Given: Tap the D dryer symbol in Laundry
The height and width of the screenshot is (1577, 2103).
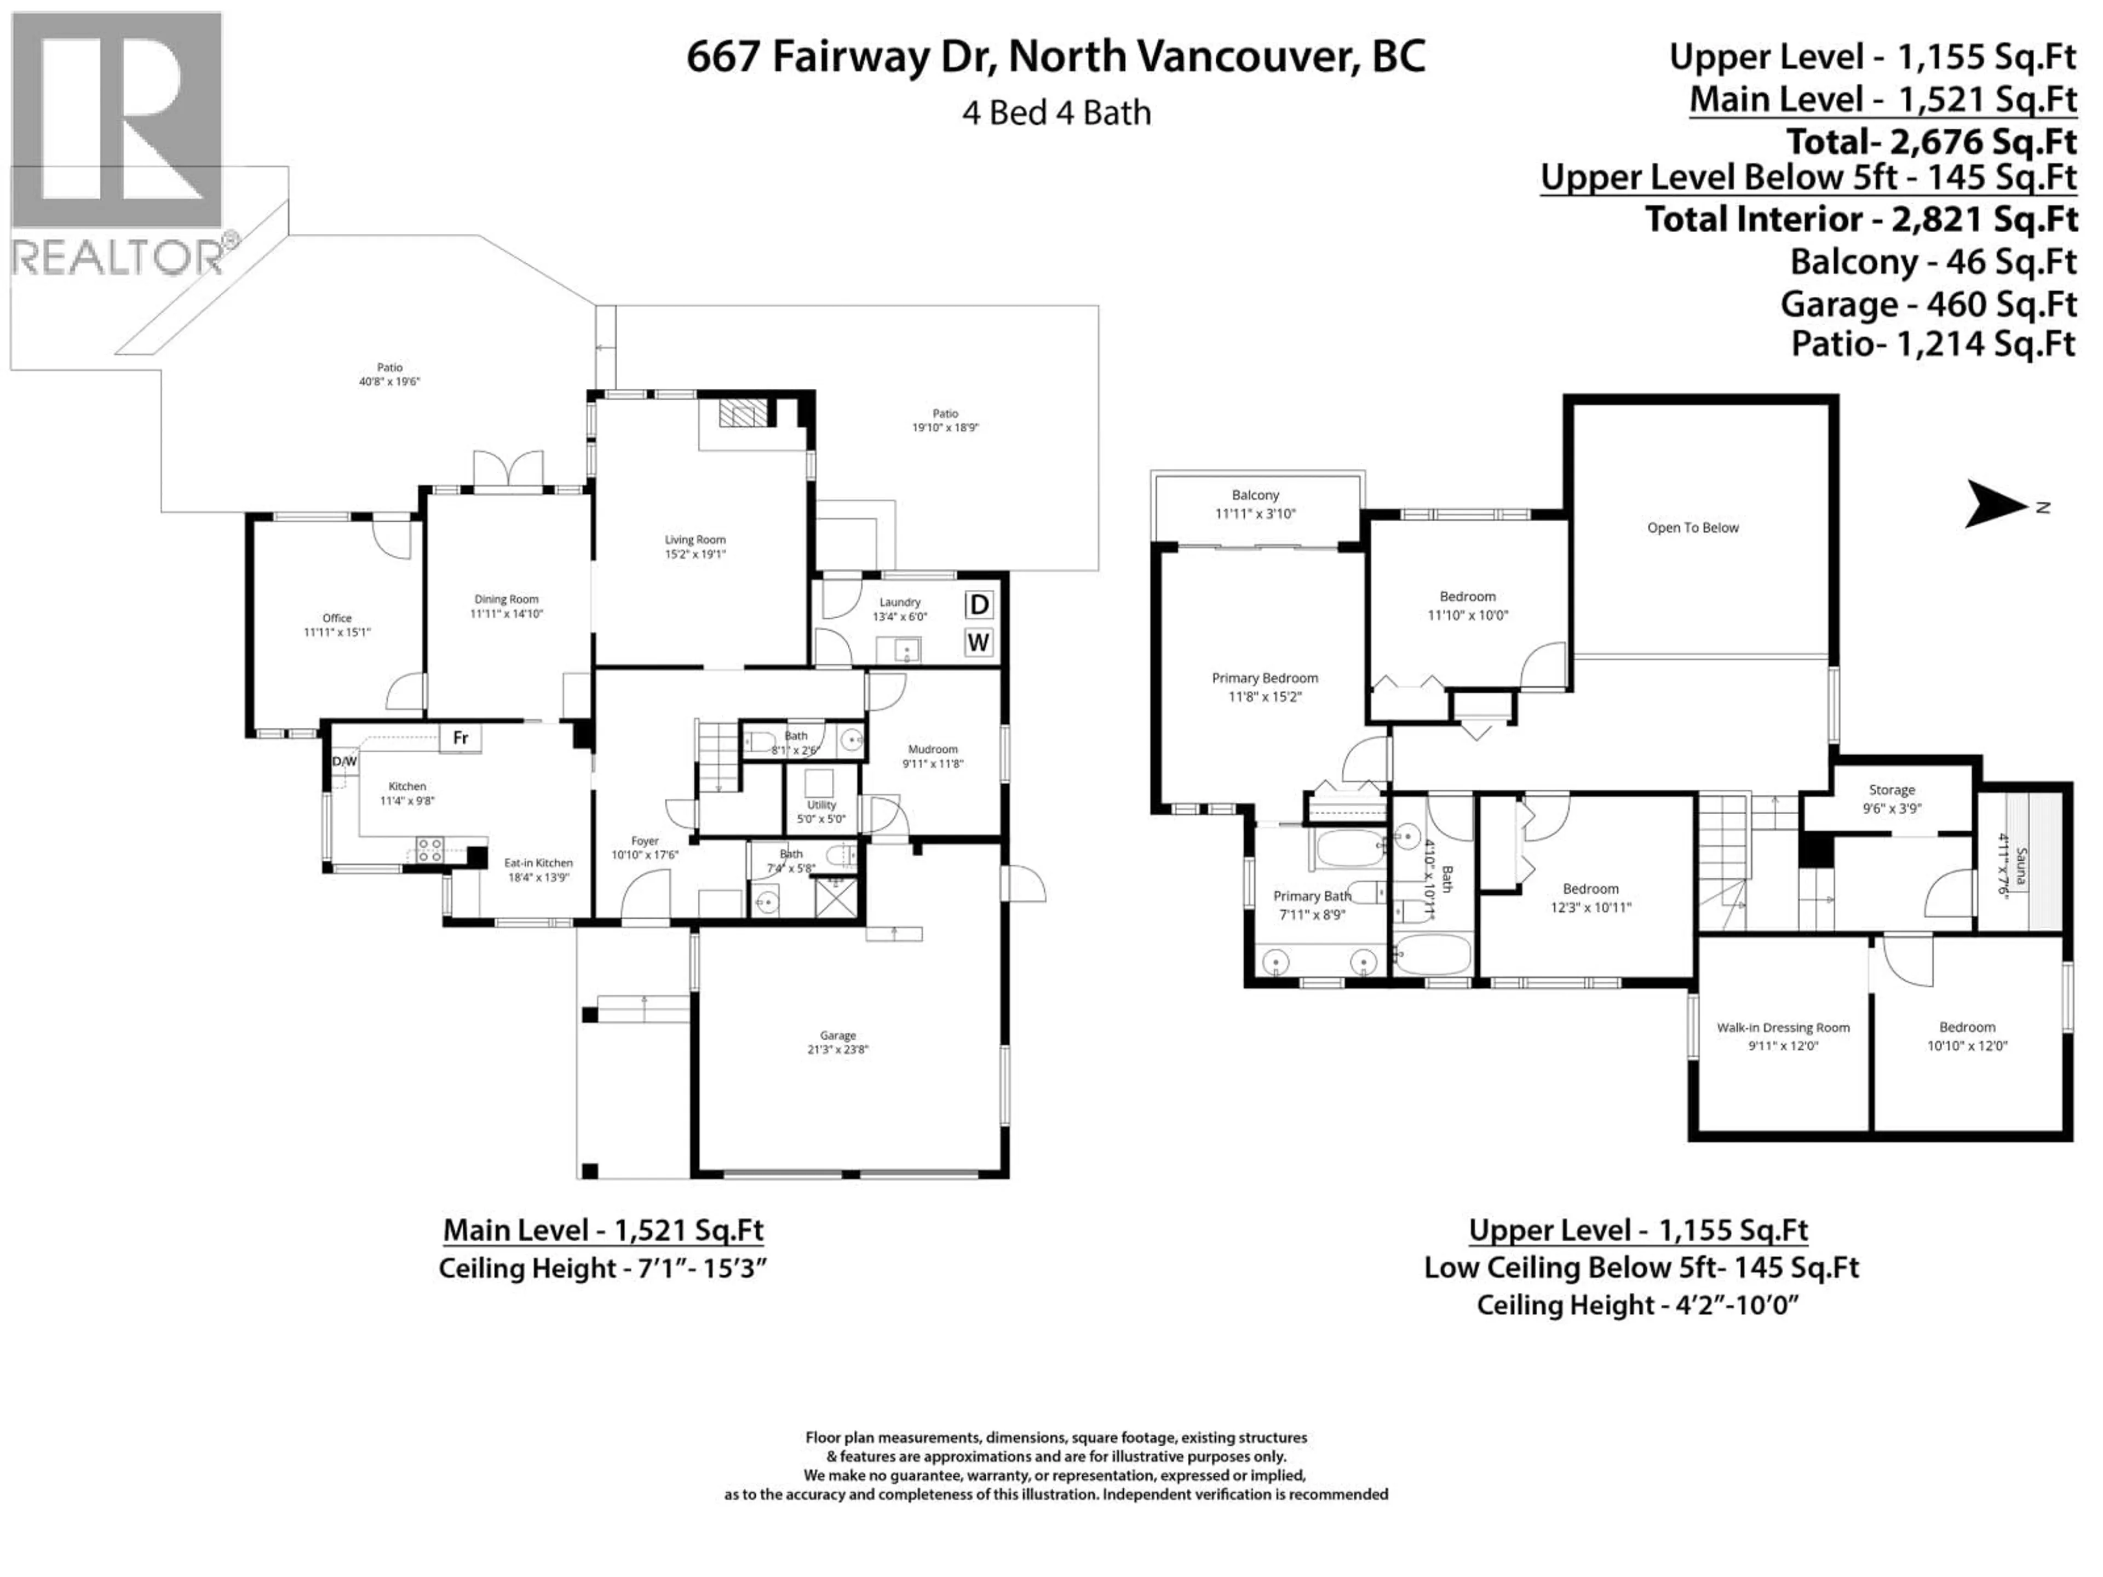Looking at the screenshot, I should (x=978, y=605).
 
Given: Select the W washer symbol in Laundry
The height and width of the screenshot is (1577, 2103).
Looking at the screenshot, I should (x=978, y=643).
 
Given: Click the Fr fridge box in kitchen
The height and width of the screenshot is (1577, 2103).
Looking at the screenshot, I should (x=460, y=738).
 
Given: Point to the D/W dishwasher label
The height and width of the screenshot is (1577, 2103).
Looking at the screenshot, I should (x=344, y=762).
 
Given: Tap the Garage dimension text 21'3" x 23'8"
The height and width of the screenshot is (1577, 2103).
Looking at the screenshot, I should (x=837, y=1050).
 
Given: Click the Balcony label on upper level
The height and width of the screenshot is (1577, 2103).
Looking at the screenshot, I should (x=1255, y=495).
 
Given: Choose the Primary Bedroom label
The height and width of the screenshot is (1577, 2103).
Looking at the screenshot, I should (x=1265, y=678).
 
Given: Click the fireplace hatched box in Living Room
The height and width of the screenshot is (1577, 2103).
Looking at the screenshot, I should (x=742, y=412).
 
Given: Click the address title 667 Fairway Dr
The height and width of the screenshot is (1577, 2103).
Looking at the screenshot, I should (x=1055, y=57).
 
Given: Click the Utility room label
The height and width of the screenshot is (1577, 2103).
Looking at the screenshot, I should (x=821, y=804).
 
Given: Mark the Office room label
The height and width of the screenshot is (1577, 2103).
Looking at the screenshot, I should (x=337, y=618).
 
